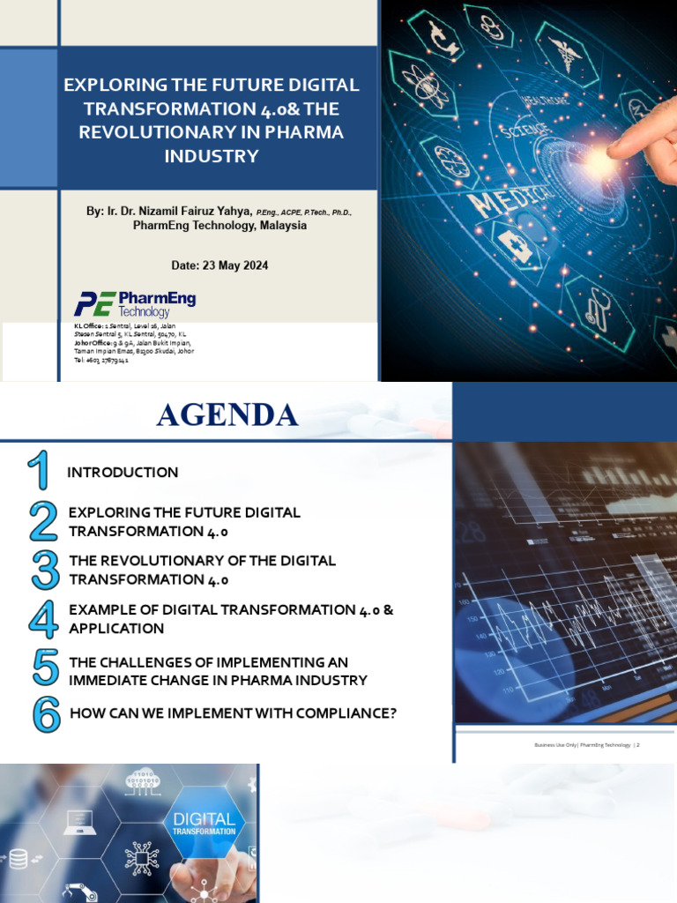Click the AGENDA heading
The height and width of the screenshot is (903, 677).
(227, 414)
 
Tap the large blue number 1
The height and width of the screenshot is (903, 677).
(39, 471)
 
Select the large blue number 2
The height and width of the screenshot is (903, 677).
(43, 521)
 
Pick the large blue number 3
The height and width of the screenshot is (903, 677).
(44, 570)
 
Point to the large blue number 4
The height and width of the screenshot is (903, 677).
(43, 619)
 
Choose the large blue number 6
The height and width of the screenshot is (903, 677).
(46, 713)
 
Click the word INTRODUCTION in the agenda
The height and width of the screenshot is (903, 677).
(123, 473)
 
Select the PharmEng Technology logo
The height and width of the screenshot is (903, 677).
(135, 303)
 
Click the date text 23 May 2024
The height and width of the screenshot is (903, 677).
(233, 265)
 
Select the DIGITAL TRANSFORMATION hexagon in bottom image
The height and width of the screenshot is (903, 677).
(204, 825)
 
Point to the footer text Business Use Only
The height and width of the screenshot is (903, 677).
(555, 745)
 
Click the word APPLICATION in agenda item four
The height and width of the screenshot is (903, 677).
(116, 629)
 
